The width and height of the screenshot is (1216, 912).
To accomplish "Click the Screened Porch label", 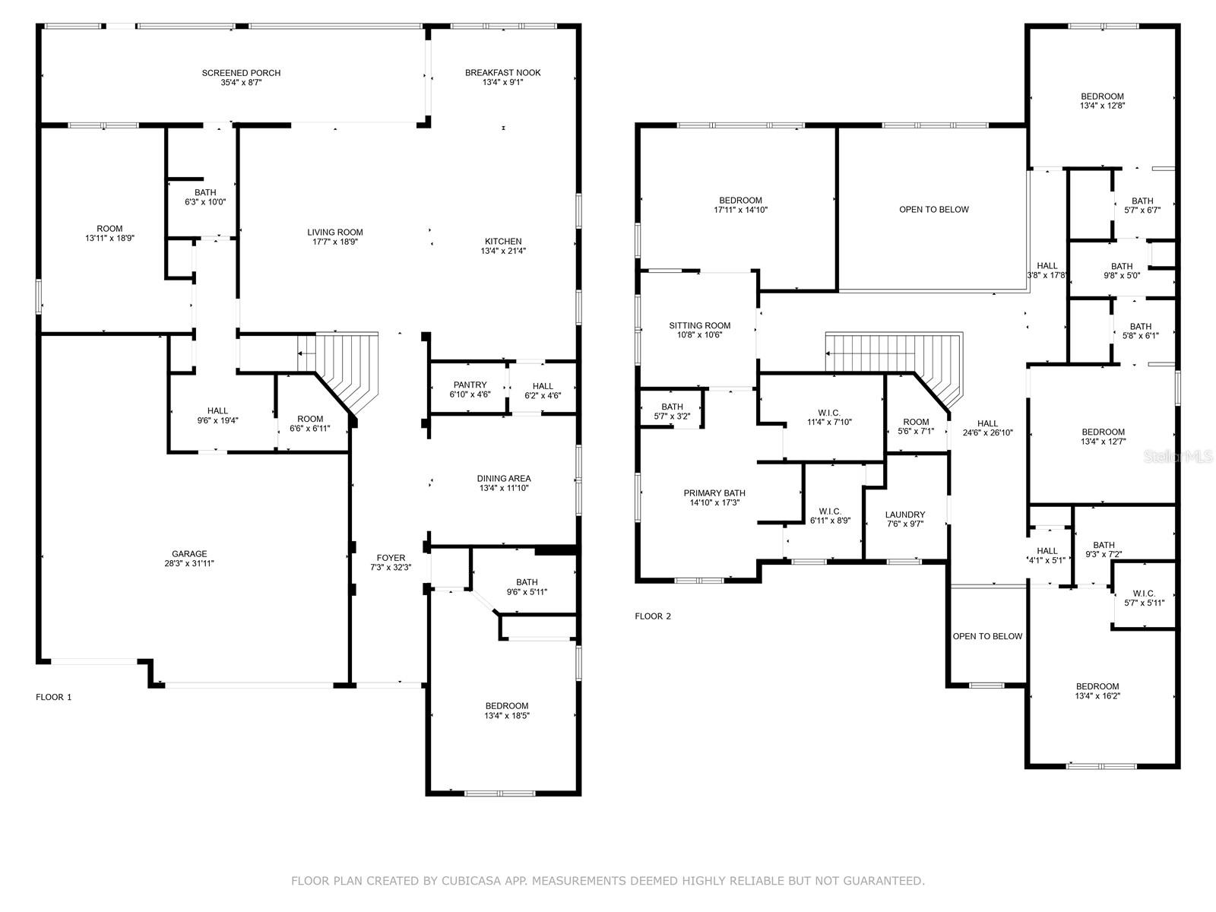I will (x=241, y=73).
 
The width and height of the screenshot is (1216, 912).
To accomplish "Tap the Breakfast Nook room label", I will (x=502, y=73).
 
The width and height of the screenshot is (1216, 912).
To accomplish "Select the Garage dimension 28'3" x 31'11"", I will (x=188, y=564).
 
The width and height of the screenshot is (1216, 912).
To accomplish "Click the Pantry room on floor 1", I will (x=470, y=390).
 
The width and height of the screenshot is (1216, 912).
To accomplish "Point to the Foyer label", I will (x=391, y=558).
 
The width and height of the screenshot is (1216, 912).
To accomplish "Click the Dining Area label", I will (x=504, y=479).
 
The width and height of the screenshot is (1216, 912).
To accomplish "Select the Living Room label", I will (x=334, y=233).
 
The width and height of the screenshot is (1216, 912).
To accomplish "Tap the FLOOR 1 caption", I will (x=54, y=697).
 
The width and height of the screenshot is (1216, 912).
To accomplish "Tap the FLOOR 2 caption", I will (x=653, y=616).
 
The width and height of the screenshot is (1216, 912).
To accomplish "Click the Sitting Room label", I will (x=699, y=326).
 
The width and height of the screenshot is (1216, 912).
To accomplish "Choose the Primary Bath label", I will (x=714, y=493).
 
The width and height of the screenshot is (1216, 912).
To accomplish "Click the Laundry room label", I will (x=905, y=515).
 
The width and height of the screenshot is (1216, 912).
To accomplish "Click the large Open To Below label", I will (x=934, y=210).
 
